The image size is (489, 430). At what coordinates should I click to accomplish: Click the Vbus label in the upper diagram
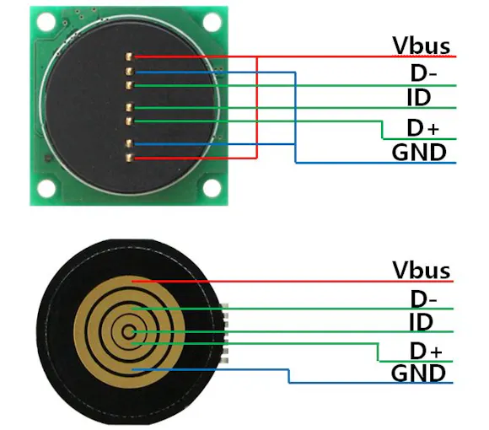pyautogui.click(x=422, y=46)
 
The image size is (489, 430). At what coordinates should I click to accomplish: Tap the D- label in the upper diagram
pyautogui.click(x=423, y=73)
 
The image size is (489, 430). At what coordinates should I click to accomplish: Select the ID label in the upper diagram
pyautogui.click(x=419, y=97)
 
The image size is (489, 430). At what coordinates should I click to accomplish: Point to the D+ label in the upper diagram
pyautogui.click(x=423, y=128)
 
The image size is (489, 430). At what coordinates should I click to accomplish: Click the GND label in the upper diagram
pyautogui.click(x=419, y=152)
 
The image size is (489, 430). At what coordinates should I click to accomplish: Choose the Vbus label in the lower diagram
pyautogui.click(x=422, y=270)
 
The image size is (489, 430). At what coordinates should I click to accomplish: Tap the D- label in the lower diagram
pyautogui.click(x=423, y=298)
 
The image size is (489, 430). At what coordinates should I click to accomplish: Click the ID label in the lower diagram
pyautogui.click(x=421, y=322)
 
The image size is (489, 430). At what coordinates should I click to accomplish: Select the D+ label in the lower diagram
pyautogui.click(x=426, y=351)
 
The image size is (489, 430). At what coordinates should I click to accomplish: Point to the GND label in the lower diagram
pyautogui.click(x=418, y=374)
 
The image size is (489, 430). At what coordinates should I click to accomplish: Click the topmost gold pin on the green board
pyautogui.click(x=129, y=56)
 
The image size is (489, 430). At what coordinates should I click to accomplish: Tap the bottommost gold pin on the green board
pyautogui.click(x=129, y=158)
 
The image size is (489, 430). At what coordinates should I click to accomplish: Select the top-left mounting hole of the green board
pyautogui.click(x=46, y=22)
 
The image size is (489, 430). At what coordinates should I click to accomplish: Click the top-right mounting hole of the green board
pyautogui.click(x=212, y=22)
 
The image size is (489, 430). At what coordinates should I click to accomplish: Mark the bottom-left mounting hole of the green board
pyautogui.click(x=46, y=188)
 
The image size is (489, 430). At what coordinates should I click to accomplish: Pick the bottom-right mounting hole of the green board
pyautogui.click(x=212, y=188)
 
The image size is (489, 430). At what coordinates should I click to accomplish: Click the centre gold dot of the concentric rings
pyautogui.click(x=128, y=332)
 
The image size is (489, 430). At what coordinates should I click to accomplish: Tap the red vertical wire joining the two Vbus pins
pyautogui.click(x=257, y=108)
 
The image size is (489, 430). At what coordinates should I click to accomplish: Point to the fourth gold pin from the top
pyautogui.click(x=129, y=108)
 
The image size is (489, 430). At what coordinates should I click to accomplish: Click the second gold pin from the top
pyautogui.click(x=129, y=72)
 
